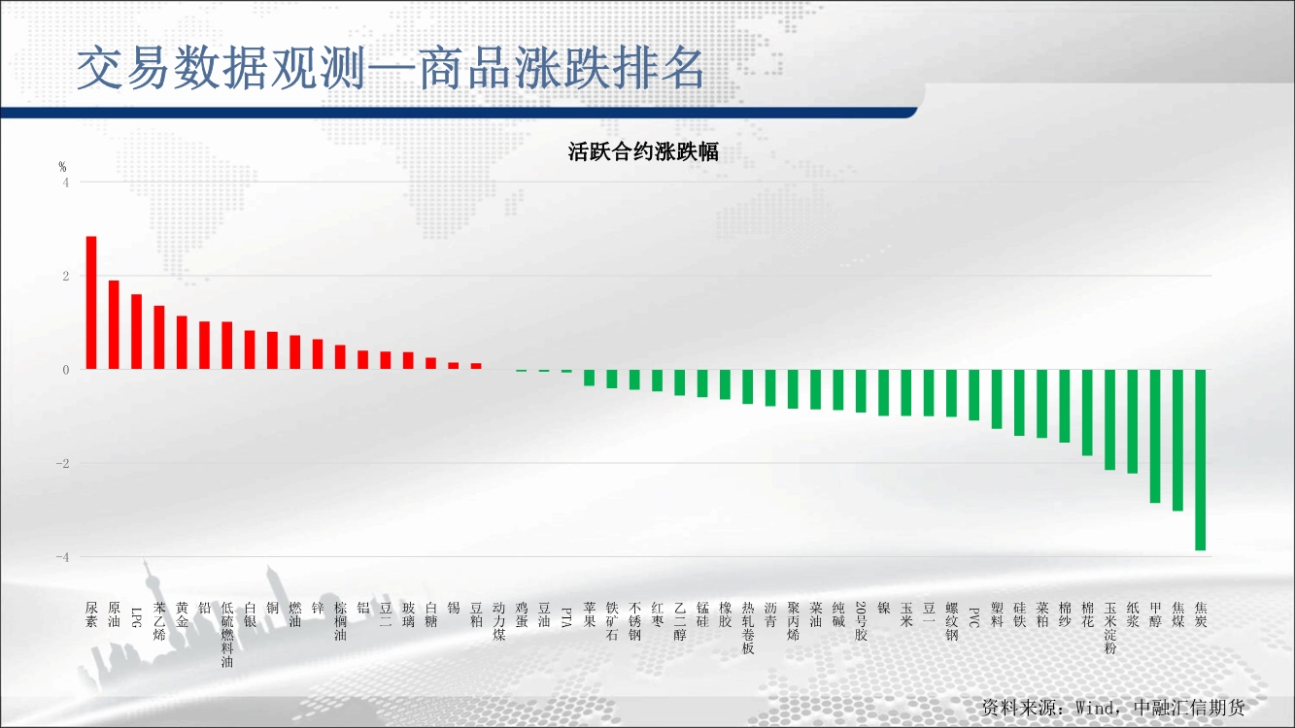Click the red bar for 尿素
click(x=91, y=303)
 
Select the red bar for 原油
click(x=114, y=325)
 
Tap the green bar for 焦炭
click(x=1200, y=460)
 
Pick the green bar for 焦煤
click(x=1177, y=441)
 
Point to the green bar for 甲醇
click(x=1155, y=436)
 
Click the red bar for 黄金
click(x=182, y=343)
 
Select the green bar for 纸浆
click(x=1133, y=422)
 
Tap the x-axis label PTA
click(x=566, y=617)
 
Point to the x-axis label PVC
click(x=974, y=617)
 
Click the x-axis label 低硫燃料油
click(x=227, y=635)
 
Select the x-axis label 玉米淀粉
click(x=1110, y=628)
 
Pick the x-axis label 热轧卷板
click(x=748, y=628)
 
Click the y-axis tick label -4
click(x=62, y=557)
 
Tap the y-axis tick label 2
click(x=66, y=277)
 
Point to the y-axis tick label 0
click(x=66, y=371)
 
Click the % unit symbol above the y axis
click(x=62, y=167)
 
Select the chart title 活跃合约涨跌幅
click(x=643, y=152)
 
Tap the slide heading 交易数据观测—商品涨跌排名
click(x=391, y=68)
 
